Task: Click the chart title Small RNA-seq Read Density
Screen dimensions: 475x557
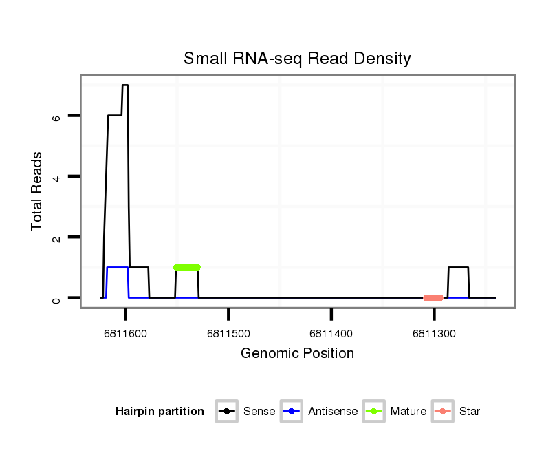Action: (x=297, y=59)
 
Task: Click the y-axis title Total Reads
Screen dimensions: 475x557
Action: (x=37, y=191)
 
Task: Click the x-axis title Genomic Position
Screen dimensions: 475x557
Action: (x=297, y=354)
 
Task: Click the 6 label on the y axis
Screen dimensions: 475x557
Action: (x=57, y=116)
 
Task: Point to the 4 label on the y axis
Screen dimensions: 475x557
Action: (x=57, y=177)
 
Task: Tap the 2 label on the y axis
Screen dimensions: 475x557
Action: (x=57, y=237)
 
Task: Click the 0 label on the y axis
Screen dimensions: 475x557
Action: (x=57, y=298)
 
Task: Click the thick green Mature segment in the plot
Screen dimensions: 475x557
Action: (x=186, y=267)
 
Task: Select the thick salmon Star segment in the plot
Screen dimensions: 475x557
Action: (x=433, y=297)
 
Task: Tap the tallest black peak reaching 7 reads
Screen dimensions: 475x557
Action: (x=125, y=85)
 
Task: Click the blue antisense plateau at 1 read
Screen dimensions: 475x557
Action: (x=118, y=267)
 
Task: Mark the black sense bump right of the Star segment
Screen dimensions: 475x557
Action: (x=459, y=267)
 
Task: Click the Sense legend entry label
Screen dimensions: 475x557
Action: (x=259, y=412)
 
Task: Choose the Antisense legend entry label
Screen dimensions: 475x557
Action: (x=333, y=412)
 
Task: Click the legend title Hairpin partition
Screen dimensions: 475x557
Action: (x=160, y=412)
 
